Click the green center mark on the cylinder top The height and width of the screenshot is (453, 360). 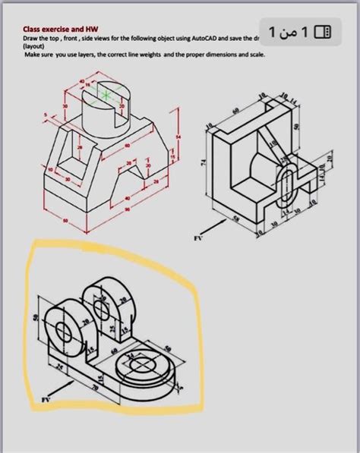coord(106,95)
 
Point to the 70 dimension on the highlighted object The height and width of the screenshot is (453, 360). coord(94,387)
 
